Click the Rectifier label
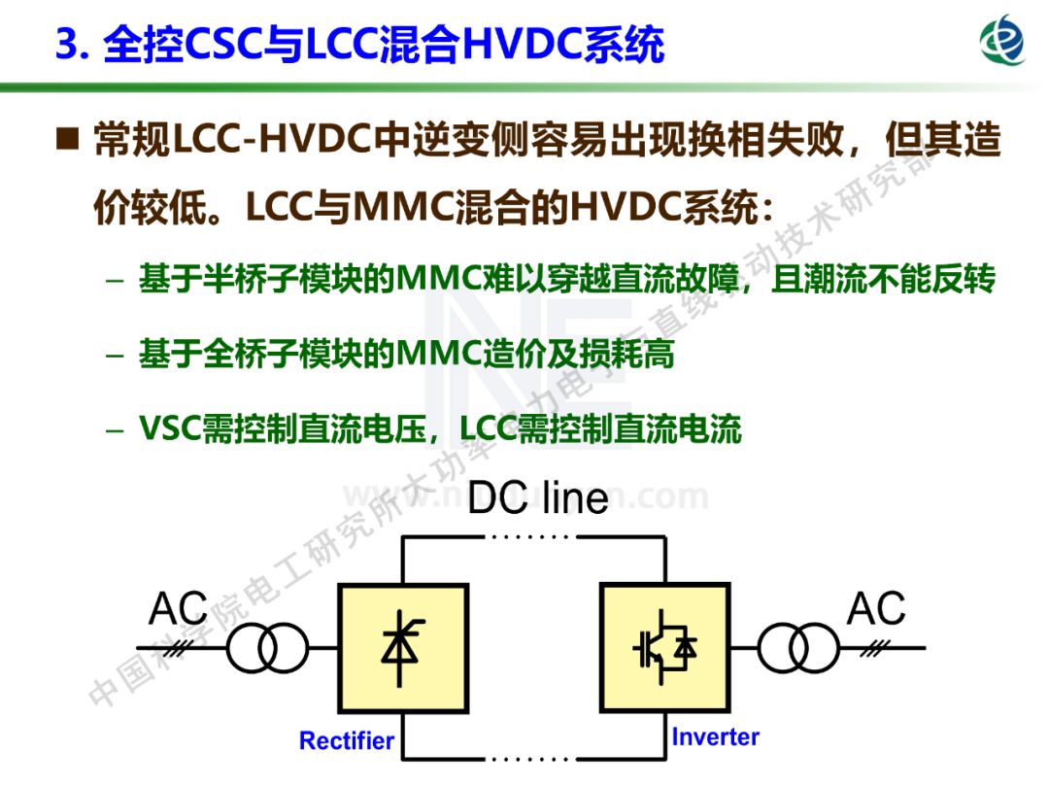(346, 741)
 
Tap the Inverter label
(715, 736)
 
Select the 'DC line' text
(537, 497)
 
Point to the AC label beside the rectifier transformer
(178, 609)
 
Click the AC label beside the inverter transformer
(876, 609)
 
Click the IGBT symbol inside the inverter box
(665, 646)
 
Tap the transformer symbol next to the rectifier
(266, 648)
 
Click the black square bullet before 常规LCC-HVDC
(67, 141)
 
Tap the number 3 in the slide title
(65, 45)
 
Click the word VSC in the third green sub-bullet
(169, 427)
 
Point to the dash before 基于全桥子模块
(116, 355)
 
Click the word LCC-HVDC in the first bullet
(274, 142)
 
